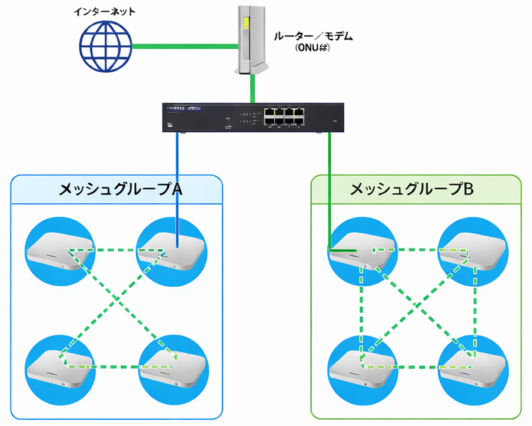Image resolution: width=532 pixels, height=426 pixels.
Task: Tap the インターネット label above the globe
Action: click(x=104, y=11)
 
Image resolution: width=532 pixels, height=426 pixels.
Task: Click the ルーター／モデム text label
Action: click(x=314, y=36)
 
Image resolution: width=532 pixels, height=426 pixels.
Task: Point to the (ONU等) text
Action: click(x=313, y=49)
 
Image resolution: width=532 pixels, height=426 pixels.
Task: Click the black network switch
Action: click(x=252, y=116)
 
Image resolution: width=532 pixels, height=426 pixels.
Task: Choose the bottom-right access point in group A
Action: click(x=171, y=365)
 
